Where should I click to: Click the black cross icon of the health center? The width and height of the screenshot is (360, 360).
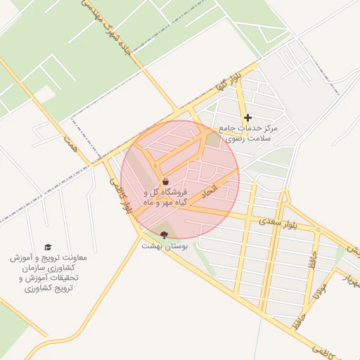247,117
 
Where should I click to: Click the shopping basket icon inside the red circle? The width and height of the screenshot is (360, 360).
165,181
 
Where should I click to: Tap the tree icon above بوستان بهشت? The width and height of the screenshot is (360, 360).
165,234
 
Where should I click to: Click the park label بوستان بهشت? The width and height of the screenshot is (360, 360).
162,246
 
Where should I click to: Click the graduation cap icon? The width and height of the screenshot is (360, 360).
48,247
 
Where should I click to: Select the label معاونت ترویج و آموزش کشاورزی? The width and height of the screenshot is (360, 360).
49,274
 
